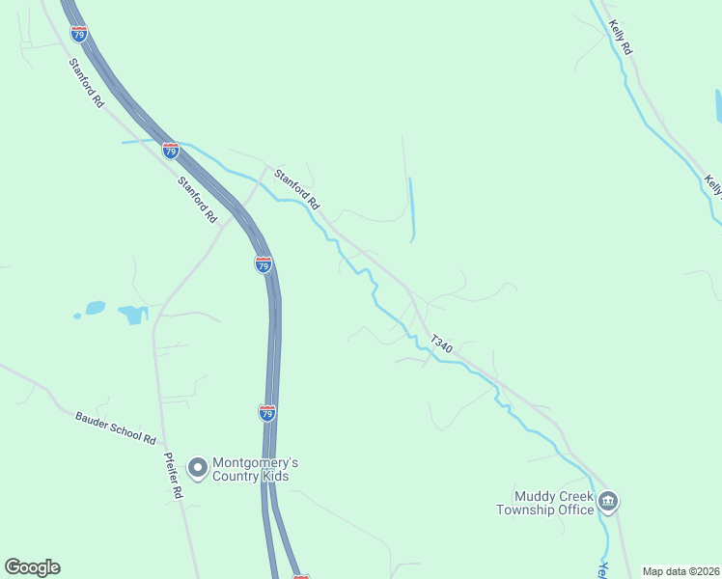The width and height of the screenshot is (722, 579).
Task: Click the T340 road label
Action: tap(441, 343)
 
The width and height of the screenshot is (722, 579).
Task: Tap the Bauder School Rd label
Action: tap(116, 427)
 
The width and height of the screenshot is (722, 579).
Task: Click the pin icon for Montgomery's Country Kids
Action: tap(198, 469)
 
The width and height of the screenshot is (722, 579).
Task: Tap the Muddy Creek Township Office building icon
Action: tap(608, 501)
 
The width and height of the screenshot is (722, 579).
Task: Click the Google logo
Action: tap(32, 567)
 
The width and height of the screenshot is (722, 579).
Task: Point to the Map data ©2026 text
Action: tap(680, 571)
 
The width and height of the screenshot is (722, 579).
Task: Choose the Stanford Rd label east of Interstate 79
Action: tap(296, 190)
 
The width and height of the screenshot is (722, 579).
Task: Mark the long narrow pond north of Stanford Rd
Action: tap(411, 209)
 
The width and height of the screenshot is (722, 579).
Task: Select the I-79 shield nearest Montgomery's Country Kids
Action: tap(267, 413)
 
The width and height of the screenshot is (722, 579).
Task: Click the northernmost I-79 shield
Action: tap(79, 34)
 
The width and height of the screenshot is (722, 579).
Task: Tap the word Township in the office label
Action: tap(528, 510)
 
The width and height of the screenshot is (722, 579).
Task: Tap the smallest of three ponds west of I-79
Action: tap(76, 315)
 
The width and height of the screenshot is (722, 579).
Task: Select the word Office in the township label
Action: tap(575, 510)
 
